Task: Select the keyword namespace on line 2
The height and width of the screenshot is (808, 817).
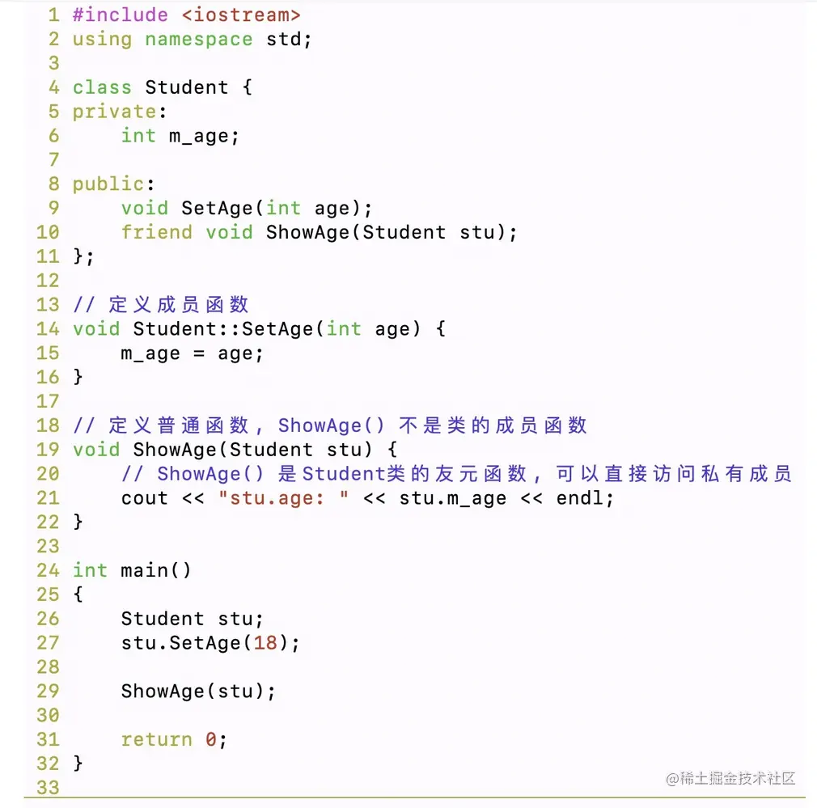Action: pos(198,39)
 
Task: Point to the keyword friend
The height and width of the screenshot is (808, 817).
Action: pos(157,232)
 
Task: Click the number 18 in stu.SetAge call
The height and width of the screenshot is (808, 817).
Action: pos(265,643)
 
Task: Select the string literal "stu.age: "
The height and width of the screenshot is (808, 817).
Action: pos(283,498)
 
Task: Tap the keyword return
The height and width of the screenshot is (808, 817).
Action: pos(157,739)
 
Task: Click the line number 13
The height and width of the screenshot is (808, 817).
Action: pos(48,305)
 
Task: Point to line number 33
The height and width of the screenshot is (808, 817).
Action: pos(48,787)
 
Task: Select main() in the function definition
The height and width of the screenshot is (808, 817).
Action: pos(156,570)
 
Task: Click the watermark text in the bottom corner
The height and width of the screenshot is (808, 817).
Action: pos(731,778)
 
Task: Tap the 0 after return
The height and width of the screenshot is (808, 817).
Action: pos(210,739)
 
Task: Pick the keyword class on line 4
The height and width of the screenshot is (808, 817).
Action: pos(102,87)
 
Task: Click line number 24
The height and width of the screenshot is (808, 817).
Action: pos(48,570)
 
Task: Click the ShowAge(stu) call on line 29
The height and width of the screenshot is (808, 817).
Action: pos(198,692)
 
